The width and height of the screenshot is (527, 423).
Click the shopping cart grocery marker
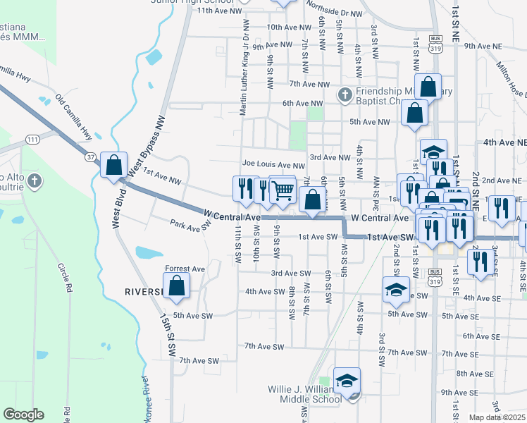click(x=283, y=188)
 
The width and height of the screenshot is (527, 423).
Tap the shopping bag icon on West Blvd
click(x=114, y=166)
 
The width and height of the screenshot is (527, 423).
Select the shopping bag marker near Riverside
click(x=178, y=286)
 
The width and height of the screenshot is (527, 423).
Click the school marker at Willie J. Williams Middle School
click(x=347, y=381)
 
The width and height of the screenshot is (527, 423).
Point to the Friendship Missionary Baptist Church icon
click(x=345, y=94)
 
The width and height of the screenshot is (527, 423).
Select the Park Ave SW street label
click(x=191, y=224)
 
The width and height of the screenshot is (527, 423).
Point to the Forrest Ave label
click(x=185, y=269)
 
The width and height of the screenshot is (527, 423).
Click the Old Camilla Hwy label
click(x=75, y=116)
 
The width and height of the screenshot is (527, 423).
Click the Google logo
click(x=23, y=415)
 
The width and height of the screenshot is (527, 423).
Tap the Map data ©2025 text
click(x=497, y=417)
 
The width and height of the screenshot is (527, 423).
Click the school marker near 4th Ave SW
click(x=396, y=289)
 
